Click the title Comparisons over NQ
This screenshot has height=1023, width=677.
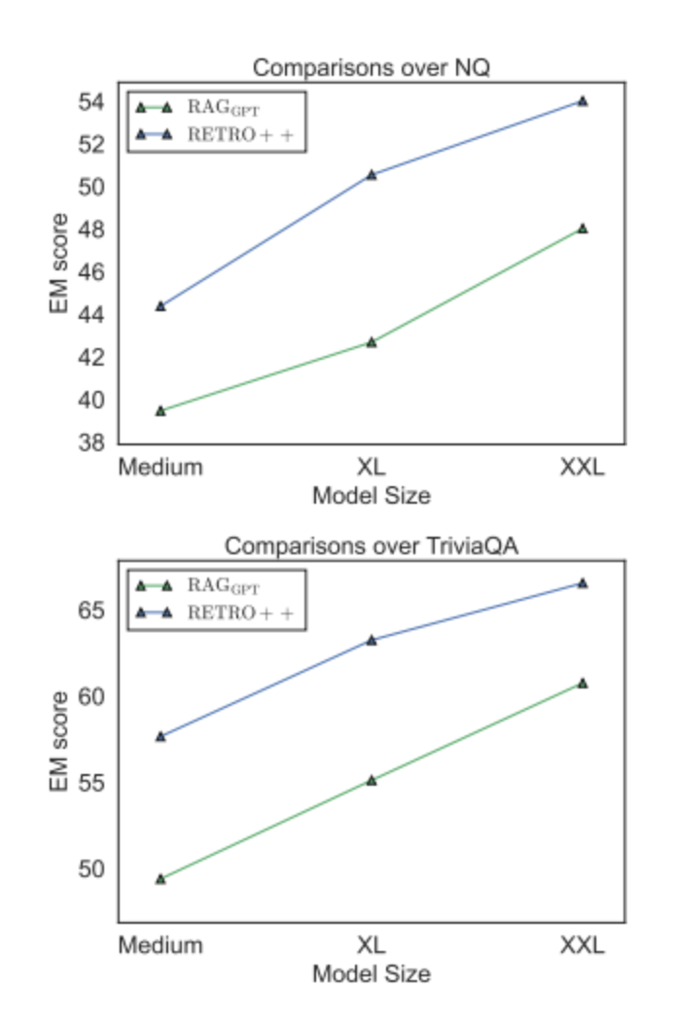pos(371,68)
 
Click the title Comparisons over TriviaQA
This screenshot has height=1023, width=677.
pos(371,546)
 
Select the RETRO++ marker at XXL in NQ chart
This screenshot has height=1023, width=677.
pos(583,100)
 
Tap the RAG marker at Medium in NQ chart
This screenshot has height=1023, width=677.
pos(160,410)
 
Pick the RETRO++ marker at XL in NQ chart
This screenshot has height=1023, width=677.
pos(372,175)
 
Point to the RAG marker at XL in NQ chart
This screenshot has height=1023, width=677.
pos(372,342)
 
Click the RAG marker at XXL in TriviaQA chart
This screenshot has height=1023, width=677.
pos(583,683)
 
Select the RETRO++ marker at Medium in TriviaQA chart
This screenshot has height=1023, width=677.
pos(160,736)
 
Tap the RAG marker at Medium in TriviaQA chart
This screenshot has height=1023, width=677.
pos(160,878)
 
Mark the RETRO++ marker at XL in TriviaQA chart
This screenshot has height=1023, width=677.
pos(372,640)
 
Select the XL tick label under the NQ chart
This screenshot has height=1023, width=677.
pos(372,468)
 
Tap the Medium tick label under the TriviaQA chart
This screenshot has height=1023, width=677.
pos(160,945)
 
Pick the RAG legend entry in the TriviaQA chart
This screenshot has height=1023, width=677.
pos(224,585)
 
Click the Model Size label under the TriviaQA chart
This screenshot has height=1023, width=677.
pos(371,973)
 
